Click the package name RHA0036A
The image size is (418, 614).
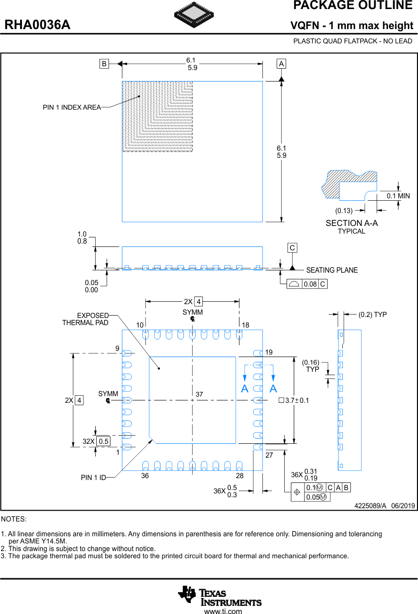[x=38, y=25]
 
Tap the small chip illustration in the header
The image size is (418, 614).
[x=194, y=15]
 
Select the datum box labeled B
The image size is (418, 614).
[x=104, y=63]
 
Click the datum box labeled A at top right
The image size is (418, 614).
[x=281, y=63]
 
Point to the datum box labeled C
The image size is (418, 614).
[x=292, y=248]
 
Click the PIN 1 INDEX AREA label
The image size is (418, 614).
[x=72, y=108]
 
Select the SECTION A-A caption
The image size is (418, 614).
[x=351, y=223]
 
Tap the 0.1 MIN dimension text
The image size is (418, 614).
[x=398, y=196]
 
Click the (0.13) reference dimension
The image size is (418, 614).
[x=344, y=210]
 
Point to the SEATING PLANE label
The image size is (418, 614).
[x=332, y=270]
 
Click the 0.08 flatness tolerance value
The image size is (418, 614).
[x=310, y=284]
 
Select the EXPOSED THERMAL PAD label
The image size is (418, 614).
[x=86, y=319]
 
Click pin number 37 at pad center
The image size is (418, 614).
[x=199, y=394]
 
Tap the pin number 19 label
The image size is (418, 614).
[x=269, y=352]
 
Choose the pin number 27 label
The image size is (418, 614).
[x=269, y=455]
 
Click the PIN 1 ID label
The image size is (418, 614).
[x=93, y=477]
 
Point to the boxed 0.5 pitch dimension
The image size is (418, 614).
[x=103, y=441]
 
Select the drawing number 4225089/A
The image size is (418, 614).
[x=370, y=506]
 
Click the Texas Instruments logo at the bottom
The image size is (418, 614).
[x=219, y=596]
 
